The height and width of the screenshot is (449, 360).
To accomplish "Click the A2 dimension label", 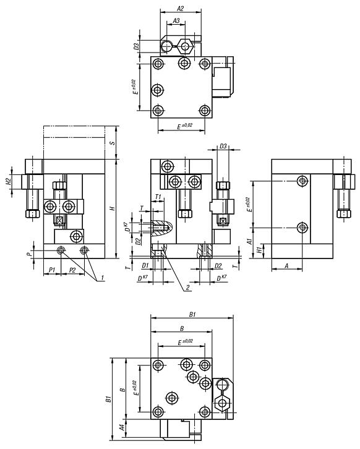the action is [x=180, y=9].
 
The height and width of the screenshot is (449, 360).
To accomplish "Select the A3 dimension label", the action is [x=176, y=20].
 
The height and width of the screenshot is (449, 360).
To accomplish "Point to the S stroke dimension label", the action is [x=113, y=143].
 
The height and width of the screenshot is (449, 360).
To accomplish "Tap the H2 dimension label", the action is [x=9, y=182].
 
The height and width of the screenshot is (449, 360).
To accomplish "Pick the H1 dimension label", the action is [x=259, y=250].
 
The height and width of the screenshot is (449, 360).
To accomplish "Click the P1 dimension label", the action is [x=52, y=270].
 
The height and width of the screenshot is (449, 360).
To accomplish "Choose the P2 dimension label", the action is [x=73, y=270].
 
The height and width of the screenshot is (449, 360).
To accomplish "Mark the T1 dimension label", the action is [x=158, y=197].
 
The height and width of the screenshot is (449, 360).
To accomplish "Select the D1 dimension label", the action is [x=145, y=266].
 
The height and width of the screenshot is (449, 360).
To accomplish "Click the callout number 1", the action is [x=101, y=278].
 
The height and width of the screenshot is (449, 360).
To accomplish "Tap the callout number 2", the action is [x=188, y=288].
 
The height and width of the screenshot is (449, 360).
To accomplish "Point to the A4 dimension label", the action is [x=122, y=427].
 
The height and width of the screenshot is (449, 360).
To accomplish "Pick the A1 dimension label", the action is [x=250, y=241].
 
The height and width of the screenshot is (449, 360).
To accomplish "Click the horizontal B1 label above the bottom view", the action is [x=192, y=314].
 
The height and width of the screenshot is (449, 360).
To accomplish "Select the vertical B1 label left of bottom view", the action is [x=108, y=399].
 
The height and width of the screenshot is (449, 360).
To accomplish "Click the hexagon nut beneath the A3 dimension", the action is [x=185, y=46].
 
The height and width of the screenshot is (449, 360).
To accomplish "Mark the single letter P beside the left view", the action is [x=28, y=254].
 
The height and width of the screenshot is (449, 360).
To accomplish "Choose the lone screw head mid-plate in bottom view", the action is [x=172, y=398].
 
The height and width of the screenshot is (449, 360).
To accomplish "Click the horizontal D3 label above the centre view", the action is [x=223, y=146].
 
